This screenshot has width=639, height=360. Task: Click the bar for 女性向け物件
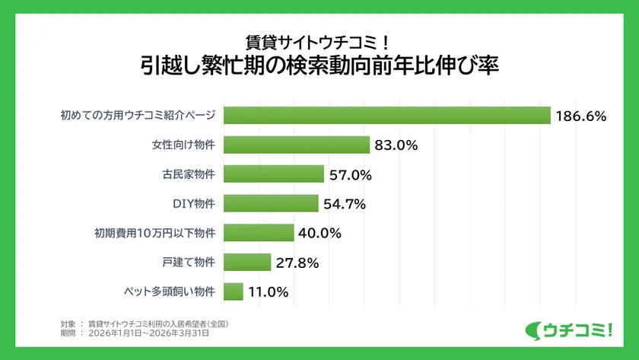pyautogui.click(x=297, y=145)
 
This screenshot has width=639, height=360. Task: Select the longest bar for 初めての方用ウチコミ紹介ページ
pyautogui.click(x=387, y=116)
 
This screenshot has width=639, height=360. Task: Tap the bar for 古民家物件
pyautogui.click(x=275, y=174)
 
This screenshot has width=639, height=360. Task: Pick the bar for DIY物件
pyautogui.click(x=272, y=203)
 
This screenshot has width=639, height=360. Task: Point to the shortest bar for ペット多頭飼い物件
pyautogui.click(x=234, y=291)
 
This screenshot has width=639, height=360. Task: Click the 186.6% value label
pyautogui.click(x=580, y=116)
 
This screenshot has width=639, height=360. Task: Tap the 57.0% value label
pyautogui.click(x=350, y=175)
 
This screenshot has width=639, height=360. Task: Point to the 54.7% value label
pyautogui.click(x=345, y=204)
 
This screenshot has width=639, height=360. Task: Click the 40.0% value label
pyautogui.click(x=319, y=233)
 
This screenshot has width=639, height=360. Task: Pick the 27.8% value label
pyautogui.click(x=297, y=263)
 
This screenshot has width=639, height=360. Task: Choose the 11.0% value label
pyautogui.click(x=269, y=292)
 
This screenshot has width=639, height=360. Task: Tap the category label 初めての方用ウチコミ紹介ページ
pyautogui.click(x=138, y=116)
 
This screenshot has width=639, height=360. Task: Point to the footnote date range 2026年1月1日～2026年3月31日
pyautogui.click(x=148, y=333)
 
